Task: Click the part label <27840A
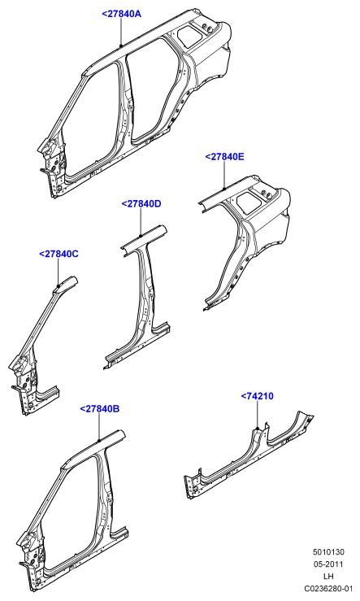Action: [x=121, y=14]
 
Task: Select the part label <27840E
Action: [x=224, y=157]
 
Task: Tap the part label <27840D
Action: [x=141, y=204]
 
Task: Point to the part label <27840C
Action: [x=59, y=254]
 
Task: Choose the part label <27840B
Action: [x=100, y=409]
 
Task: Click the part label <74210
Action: [x=258, y=396]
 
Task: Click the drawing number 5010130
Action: [x=328, y=552]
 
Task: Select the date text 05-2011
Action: [x=328, y=564]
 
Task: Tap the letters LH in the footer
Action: [x=328, y=576]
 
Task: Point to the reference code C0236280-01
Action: [x=328, y=588]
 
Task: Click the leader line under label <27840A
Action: [x=121, y=33]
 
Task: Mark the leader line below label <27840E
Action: [x=224, y=175]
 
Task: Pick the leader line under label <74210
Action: [x=258, y=414]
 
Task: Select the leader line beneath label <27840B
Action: [x=99, y=428]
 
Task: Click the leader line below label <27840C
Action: [x=59, y=272]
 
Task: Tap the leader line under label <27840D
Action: [x=141, y=222]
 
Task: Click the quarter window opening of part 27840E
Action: [x=248, y=201]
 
